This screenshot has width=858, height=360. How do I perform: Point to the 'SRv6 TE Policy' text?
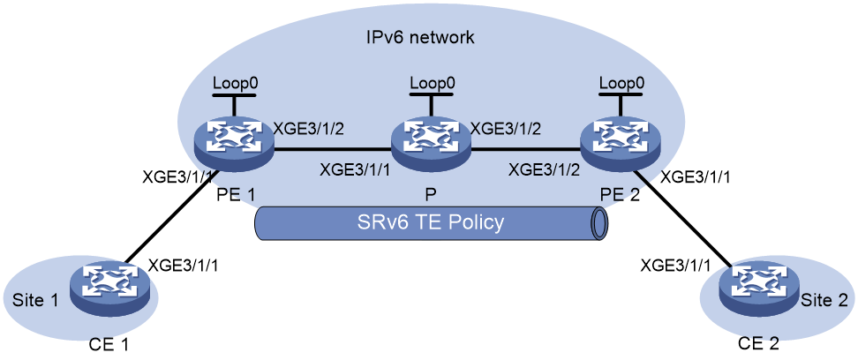click(x=431, y=223)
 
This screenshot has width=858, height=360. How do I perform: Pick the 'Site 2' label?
click(x=824, y=300)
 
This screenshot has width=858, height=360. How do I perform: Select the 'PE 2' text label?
click(x=621, y=194)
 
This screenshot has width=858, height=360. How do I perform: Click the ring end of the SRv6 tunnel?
click(x=600, y=224)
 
